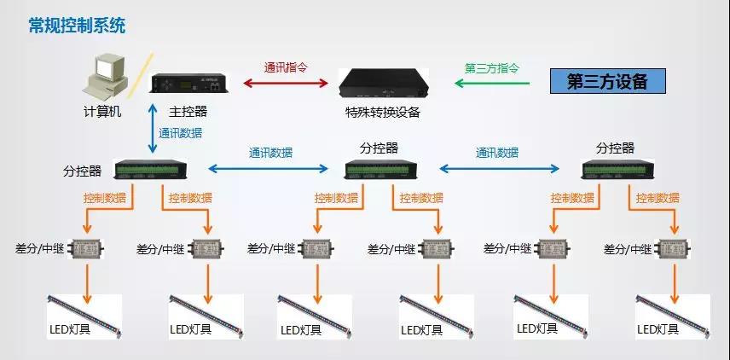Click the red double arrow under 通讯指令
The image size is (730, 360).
[287, 84]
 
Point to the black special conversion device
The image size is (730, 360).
[385, 84]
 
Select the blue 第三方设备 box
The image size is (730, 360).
[607, 82]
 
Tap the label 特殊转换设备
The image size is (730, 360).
[383, 112]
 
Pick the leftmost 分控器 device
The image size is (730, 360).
[152, 170]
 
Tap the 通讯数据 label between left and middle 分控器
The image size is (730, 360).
[270, 154]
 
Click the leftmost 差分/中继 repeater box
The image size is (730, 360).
[85, 249]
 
